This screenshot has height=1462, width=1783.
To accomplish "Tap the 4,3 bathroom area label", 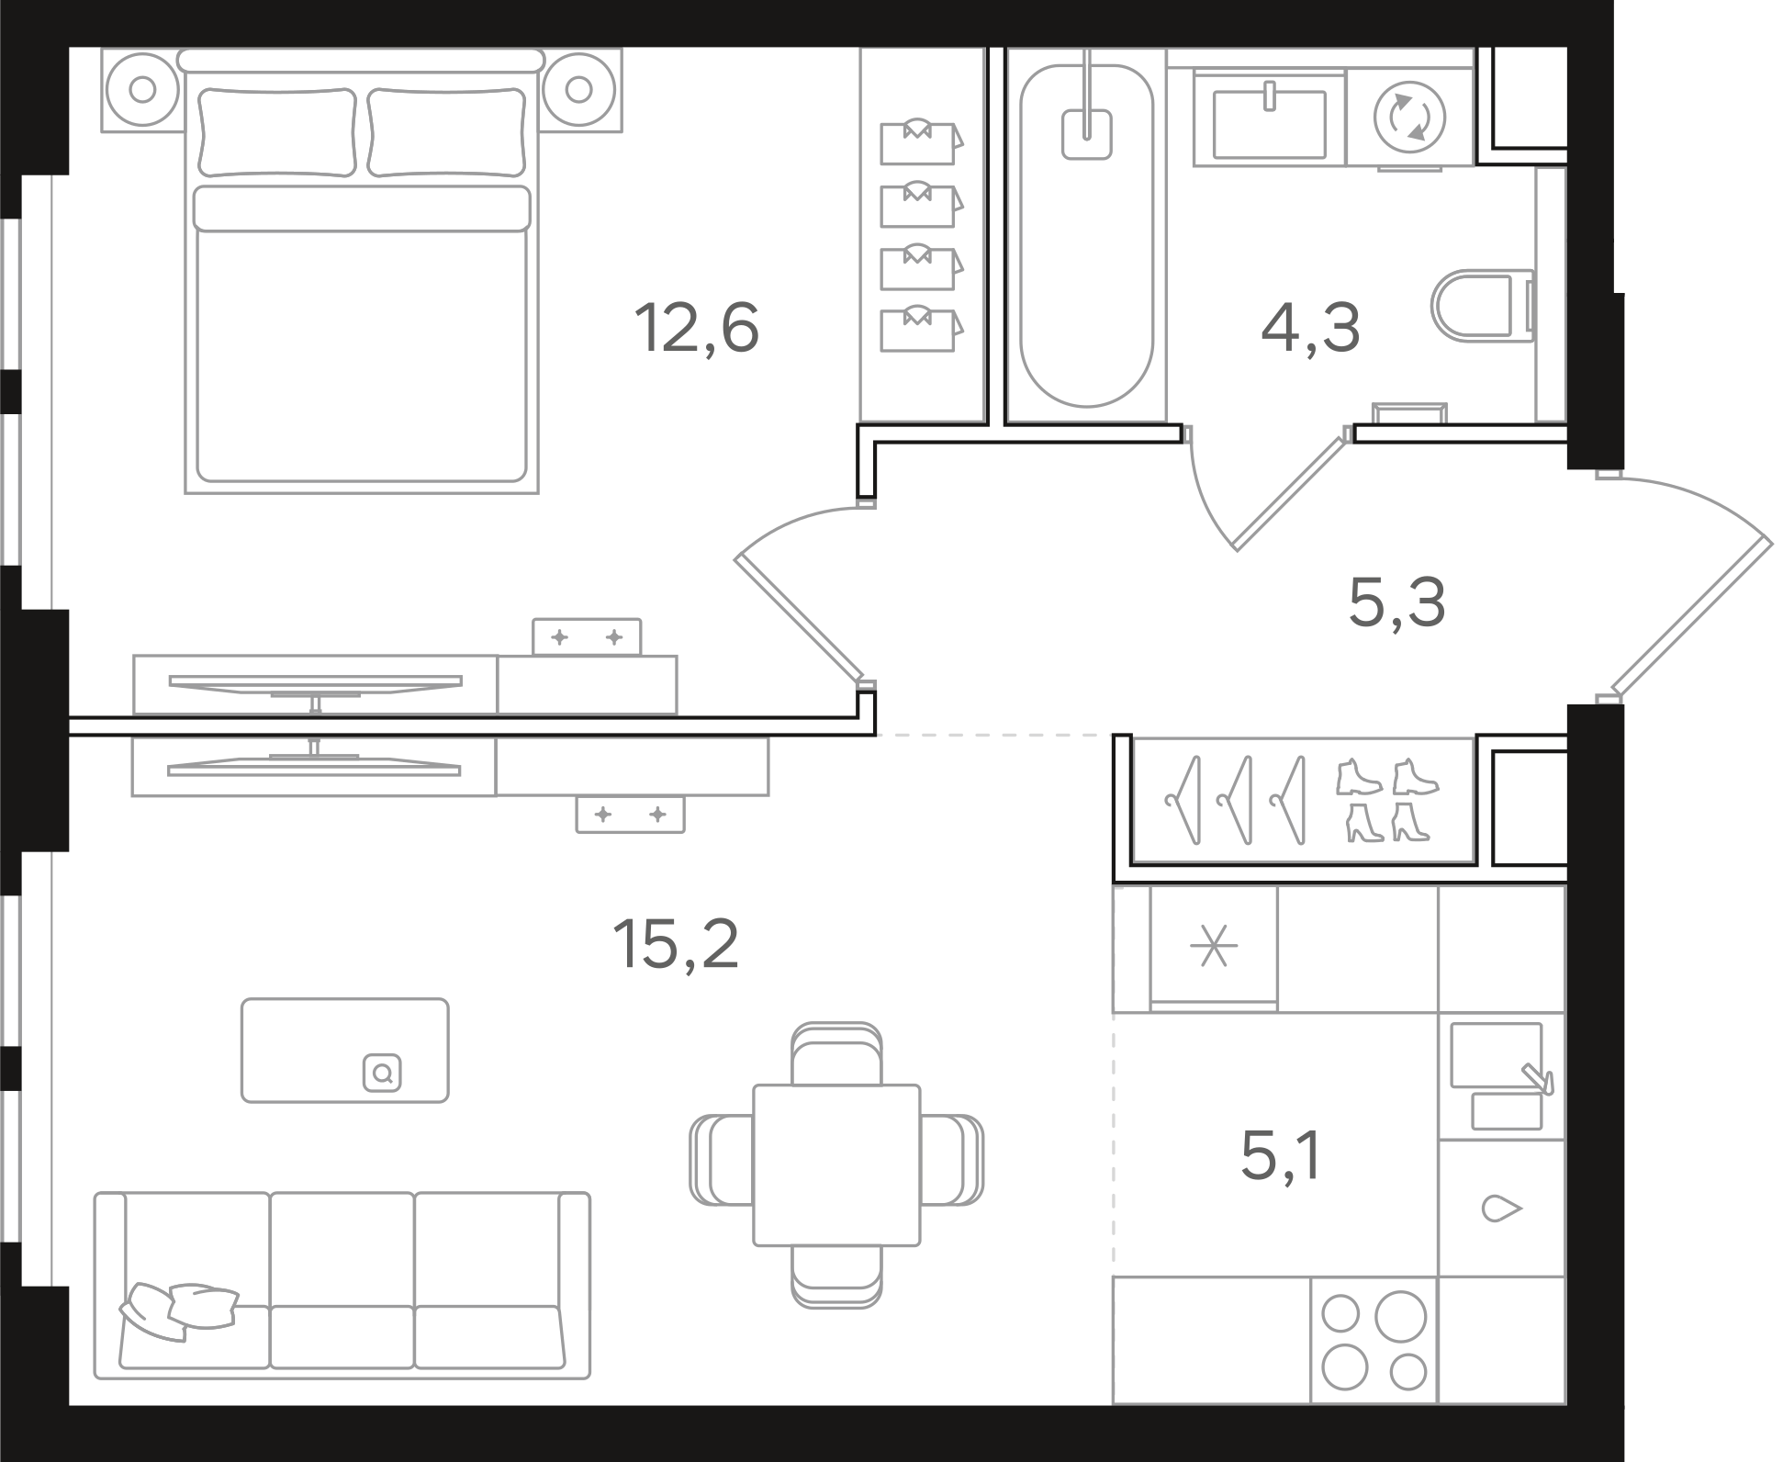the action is click(1310, 328).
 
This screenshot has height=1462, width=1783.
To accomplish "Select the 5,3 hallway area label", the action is click(1396, 602).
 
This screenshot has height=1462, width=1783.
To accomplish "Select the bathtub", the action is click(1086, 235).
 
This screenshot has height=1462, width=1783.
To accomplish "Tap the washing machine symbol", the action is click(1409, 118).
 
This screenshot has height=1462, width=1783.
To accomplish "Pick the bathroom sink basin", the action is click(1269, 123).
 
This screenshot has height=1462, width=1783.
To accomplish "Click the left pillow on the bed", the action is click(277, 131).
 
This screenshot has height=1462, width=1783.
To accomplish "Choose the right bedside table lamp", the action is click(578, 89).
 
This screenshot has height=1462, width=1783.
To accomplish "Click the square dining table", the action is click(836, 1164).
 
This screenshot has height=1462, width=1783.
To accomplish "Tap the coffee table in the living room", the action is click(345, 1051).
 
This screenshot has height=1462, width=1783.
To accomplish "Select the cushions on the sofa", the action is click(179, 1310).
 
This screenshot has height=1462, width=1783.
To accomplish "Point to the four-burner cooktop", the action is click(1374, 1353).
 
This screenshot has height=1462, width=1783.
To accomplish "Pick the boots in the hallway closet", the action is click(1387, 800).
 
